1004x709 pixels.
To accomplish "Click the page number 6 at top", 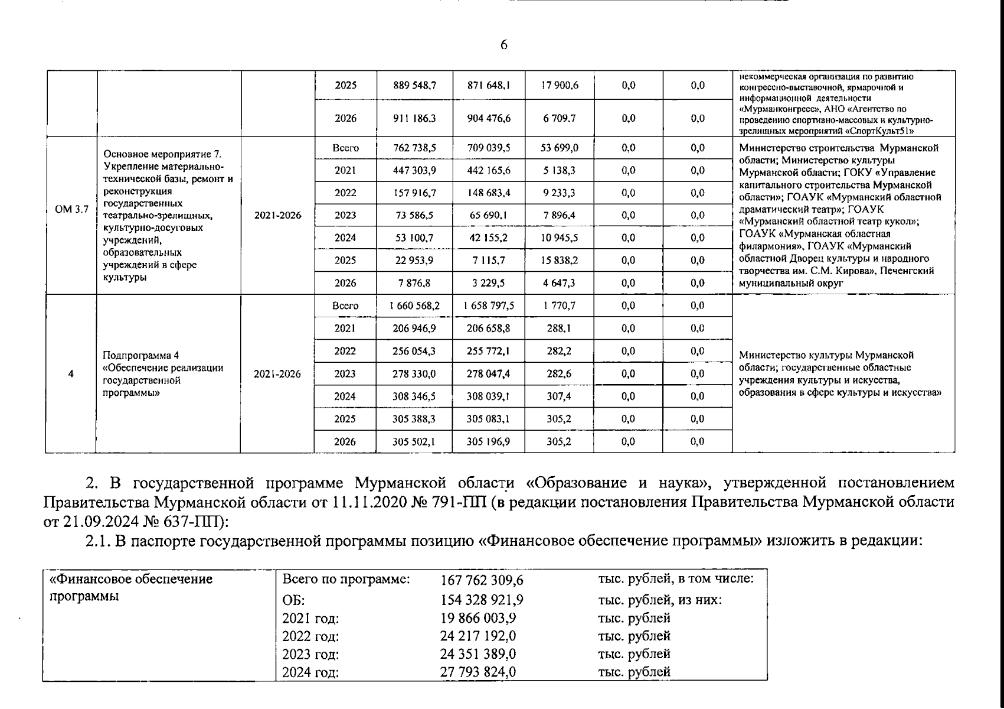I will (503, 45).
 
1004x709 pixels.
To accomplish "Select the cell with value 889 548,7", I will (414, 85).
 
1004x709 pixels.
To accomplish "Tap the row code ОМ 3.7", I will (71, 209).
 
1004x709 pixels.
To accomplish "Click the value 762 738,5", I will (414, 148).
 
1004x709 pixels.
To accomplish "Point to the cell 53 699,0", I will (559, 148).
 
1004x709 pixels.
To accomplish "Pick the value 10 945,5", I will (559, 238).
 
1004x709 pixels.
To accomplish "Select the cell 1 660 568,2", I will (414, 306).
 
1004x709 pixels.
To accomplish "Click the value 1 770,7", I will (559, 306).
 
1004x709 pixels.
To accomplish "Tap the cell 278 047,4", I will (488, 374).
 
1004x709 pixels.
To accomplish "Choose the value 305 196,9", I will (488, 441).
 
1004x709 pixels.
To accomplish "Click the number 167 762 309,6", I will (482, 580).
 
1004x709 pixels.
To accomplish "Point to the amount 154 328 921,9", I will (482, 600).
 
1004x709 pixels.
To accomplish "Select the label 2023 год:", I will (310, 655).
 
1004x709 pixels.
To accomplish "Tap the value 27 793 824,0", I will (478, 672).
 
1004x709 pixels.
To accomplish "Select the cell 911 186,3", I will (414, 118).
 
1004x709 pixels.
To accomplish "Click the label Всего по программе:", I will (346, 579).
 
